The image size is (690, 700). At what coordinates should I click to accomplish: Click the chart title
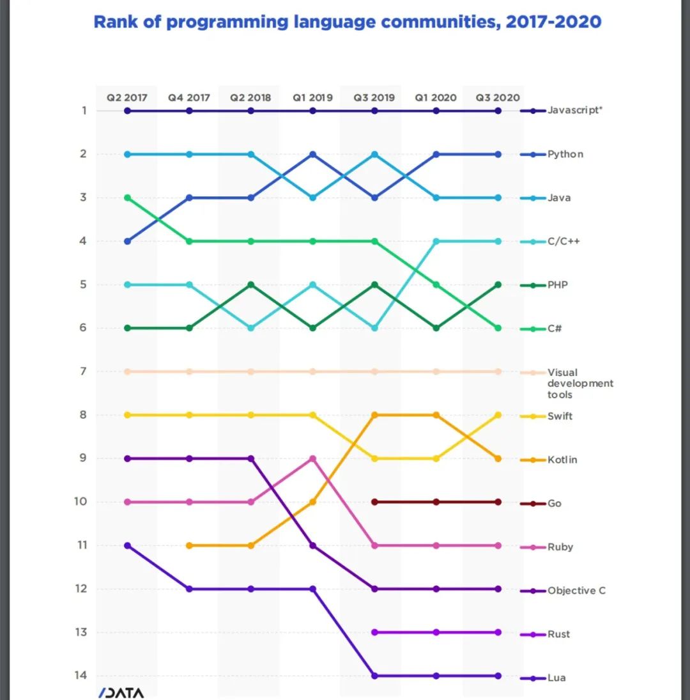click(348, 22)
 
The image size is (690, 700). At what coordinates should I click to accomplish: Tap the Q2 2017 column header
click(126, 98)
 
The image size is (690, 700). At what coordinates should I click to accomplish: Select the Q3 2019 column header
click(374, 98)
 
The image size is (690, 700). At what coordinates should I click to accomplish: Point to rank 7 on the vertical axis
click(82, 371)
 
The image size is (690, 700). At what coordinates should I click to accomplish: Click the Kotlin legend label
click(562, 460)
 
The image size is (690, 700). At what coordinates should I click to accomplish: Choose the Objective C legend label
click(576, 590)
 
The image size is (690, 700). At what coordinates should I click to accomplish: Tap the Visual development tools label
click(579, 383)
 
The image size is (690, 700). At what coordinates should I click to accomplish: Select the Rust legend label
click(558, 634)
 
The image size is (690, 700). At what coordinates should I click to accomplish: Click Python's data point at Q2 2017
click(127, 241)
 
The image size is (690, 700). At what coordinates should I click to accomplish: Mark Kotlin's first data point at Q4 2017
click(189, 545)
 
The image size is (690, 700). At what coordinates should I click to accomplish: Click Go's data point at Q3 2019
click(374, 502)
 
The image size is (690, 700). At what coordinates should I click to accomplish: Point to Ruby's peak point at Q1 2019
click(312, 458)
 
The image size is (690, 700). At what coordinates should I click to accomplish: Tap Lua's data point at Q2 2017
click(127, 545)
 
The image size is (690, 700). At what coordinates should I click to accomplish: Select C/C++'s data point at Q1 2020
click(436, 241)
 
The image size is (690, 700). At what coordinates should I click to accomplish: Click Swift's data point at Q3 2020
click(498, 415)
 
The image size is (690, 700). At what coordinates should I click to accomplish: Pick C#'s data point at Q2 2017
click(127, 198)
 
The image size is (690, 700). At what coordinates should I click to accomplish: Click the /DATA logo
click(121, 693)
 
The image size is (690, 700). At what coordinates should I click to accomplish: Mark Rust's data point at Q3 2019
click(374, 632)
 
